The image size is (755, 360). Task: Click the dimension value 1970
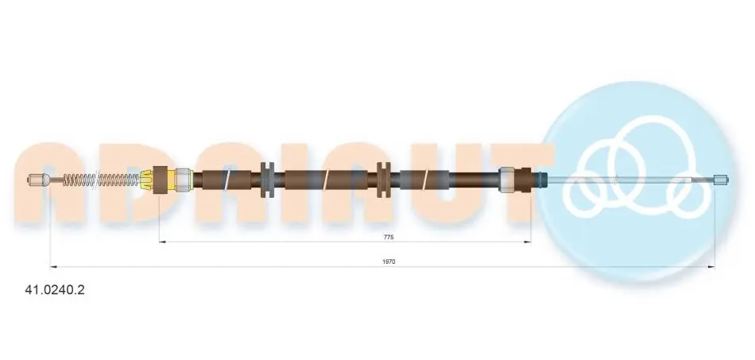(389, 261)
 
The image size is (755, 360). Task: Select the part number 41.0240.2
(54, 290)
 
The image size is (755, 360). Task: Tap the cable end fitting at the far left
(37, 180)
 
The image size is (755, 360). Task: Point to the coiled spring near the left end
(101, 180)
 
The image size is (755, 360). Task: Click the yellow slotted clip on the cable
(146, 180)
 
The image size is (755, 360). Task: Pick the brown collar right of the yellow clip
(160, 180)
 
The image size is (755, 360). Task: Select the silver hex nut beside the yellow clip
(184, 180)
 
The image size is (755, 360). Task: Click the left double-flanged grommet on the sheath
(267, 180)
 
